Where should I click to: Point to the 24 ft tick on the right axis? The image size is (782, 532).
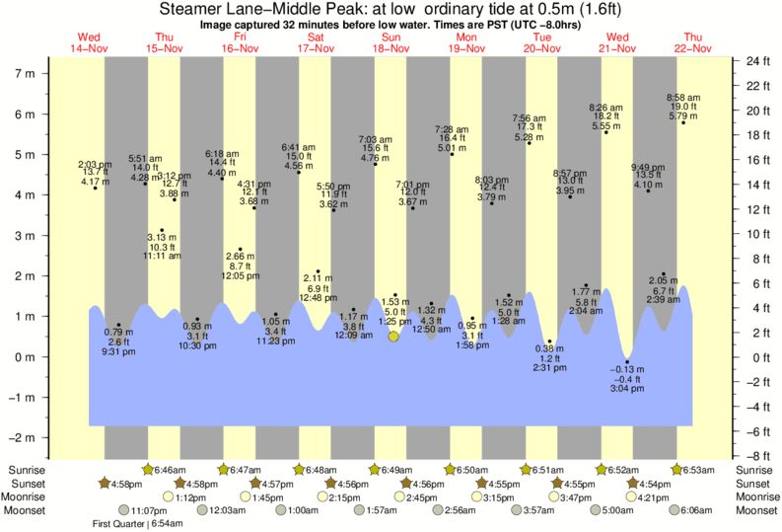(756, 61)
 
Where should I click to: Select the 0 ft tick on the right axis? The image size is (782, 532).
(753, 357)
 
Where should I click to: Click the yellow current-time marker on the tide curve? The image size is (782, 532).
(393, 337)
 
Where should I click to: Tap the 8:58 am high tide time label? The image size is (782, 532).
(682, 98)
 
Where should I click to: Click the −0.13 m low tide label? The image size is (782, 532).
(628, 370)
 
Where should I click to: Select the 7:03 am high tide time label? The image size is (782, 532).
(375, 139)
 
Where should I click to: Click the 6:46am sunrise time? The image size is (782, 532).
(176, 471)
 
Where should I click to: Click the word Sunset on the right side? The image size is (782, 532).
(754, 484)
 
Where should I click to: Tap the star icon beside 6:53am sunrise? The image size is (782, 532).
(678, 470)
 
